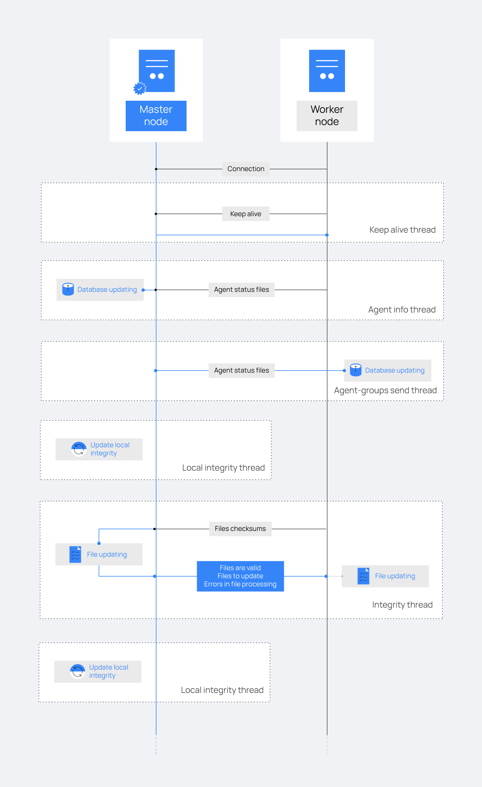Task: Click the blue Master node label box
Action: pyautogui.click(x=156, y=116)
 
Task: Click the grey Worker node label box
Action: pyautogui.click(x=327, y=116)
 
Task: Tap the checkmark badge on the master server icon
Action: pyautogui.click(x=139, y=89)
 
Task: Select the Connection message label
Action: pyautogui.click(x=246, y=169)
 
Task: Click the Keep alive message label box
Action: pyautogui.click(x=246, y=214)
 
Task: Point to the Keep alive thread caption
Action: pyautogui.click(x=402, y=230)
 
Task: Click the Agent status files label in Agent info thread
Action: pyautogui.click(x=241, y=290)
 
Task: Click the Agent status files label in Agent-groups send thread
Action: pyautogui.click(x=241, y=370)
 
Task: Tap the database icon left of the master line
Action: pyautogui.click(x=68, y=289)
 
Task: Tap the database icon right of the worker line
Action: pyautogui.click(x=356, y=370)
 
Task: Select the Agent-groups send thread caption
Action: pyautogui.click(x=385, y=390)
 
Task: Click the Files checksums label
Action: pyautogui.click(x=240, y=529)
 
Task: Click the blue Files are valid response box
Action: pyautogui.click(x=240, y=576)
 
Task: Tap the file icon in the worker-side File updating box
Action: pyautogui.click(x=363, y=576)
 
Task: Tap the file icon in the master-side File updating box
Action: pyautogui.click(x=75, y=554)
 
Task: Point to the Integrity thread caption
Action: pyautogui.click(x=402, y=605)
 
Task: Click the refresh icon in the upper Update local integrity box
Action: pyautogui.click(x=79, y=449)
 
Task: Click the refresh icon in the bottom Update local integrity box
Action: pyautogui.click(x=77, y=671)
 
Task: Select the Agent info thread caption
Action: pyautogui.click(x=402, y=310)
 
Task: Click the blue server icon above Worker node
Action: pyautogui.click(x=327, y=71)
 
